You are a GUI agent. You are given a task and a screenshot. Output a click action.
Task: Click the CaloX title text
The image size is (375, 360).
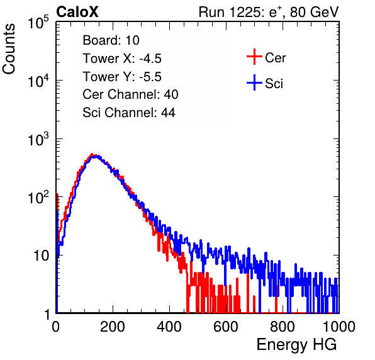pyautogui.click(x=77, y=12)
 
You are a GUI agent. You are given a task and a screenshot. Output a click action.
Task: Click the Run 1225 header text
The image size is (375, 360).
pyautogui.click(x=269, y=12)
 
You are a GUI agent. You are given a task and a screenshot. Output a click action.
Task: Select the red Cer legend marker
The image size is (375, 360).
pyautogui.click(x=254, y=57)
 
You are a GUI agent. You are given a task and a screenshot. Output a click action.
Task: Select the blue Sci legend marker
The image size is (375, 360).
pyautogui.click(x=254, y=82)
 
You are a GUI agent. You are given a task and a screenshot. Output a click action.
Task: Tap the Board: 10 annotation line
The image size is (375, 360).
pyautogui.click(x=111, y=40)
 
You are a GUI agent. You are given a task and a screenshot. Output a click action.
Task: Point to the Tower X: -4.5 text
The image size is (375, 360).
pyautogui.click(x=122, y=59)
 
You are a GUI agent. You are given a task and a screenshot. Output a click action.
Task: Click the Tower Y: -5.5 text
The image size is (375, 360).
pyautogui.click(x=122, y=77)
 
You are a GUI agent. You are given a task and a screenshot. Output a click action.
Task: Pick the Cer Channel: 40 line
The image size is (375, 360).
pyautogui.click(x=130, y=94)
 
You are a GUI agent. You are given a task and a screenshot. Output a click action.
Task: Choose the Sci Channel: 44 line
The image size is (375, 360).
pyautogui.click(x=129, y=113)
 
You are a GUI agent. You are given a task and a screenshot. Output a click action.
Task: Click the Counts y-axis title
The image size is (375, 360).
pyautogui.click(x=9, y=49)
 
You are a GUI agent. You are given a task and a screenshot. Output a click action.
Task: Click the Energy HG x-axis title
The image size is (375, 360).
pyautogui.click(x=296, y=345)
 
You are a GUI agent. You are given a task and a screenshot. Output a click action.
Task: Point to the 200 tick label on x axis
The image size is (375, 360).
pyautogui.click(x=113, y=327)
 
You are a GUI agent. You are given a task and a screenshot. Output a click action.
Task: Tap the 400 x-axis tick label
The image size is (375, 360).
pyautogui.click(x=169, y=327)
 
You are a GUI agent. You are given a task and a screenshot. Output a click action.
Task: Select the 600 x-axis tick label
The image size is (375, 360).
pyautogui.click(x=226, y=327)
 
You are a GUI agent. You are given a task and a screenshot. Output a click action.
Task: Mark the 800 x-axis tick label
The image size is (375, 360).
pyautogui.click(x=283, y=327)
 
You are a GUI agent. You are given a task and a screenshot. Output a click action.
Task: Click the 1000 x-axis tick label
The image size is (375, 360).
pyautogui.click(x=339, y=327)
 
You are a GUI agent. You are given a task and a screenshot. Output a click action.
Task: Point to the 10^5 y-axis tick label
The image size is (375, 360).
pyautogui.click(x=38, y=23)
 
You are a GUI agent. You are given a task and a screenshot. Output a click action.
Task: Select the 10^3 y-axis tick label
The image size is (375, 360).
pyautogui.click(x=38, y=139)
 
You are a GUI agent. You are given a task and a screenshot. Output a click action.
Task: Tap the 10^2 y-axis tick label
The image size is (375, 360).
pyautogui.click(x=38, y=198)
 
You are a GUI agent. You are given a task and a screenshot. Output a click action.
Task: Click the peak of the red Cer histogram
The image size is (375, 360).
pyautogui.click(x=92, y=154)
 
